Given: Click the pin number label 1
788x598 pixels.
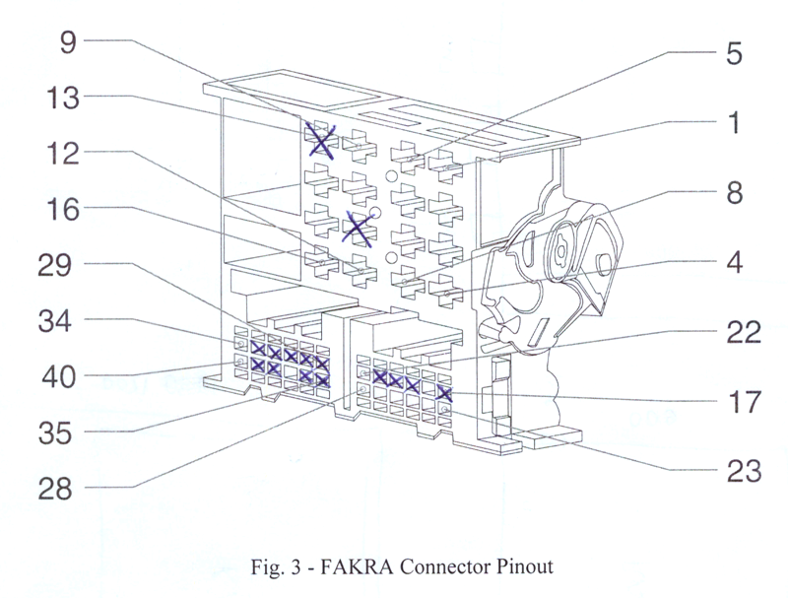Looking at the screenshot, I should tap(731, 123).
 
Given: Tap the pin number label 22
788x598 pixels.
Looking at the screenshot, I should tap(737, 333).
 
